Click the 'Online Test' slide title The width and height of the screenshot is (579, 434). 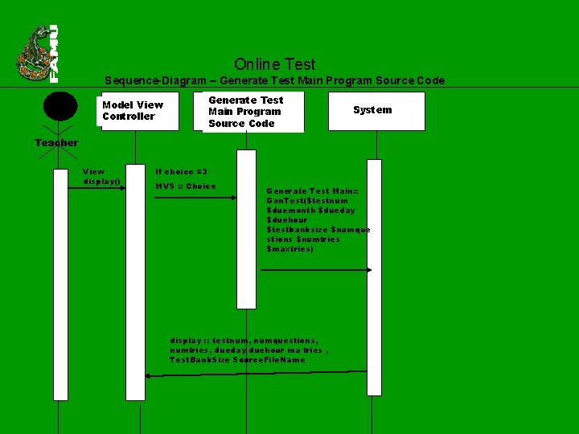pos(274,64)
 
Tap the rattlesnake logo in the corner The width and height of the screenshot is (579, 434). pos(32,55)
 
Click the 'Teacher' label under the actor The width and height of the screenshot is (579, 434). pos(56,143)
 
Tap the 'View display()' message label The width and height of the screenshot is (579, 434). pos(101,176)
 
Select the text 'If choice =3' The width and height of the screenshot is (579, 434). pos(181,172)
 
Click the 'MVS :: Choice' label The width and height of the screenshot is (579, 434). pos(185,186)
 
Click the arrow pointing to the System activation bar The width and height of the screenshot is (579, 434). pos(315,270)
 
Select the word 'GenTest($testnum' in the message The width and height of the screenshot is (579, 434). pos(307,201)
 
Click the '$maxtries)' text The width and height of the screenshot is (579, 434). pos(289,249)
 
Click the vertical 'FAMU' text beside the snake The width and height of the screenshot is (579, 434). pos(54,54)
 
